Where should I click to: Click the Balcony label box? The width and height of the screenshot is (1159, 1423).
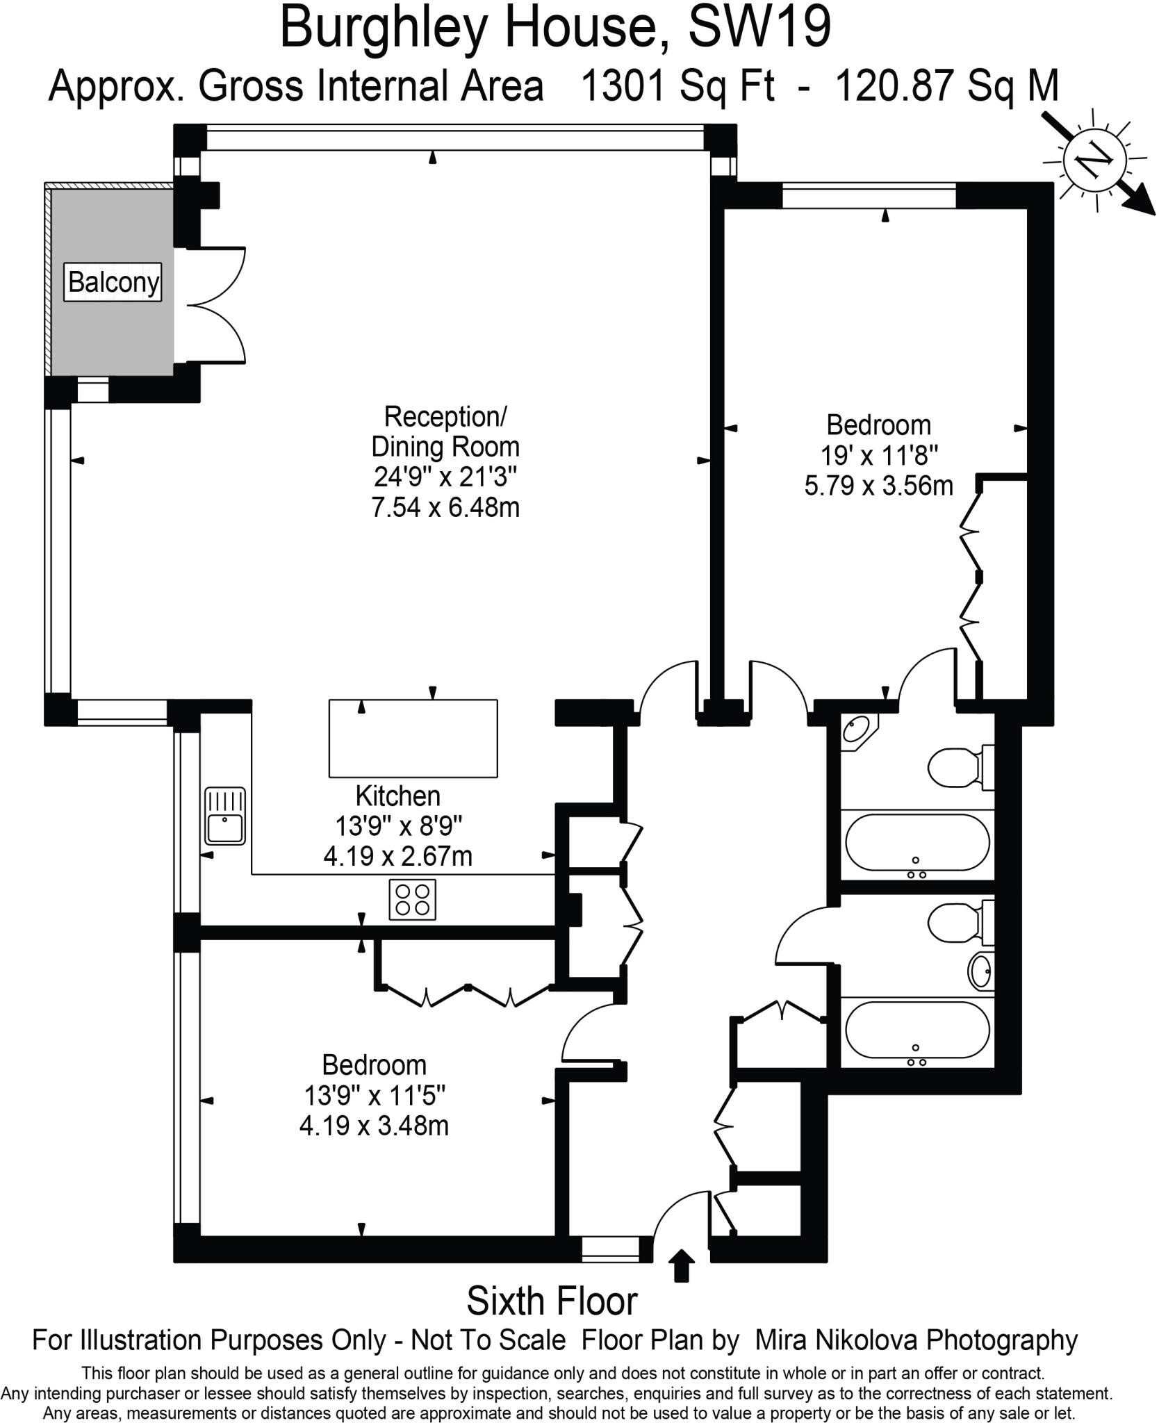[x=113, y=282]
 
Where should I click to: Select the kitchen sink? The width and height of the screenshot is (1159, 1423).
[x=225, y=816]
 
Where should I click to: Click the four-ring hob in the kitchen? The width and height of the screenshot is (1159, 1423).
[x=413, y=899]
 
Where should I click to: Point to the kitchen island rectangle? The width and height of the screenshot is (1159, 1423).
[x=413, y=738]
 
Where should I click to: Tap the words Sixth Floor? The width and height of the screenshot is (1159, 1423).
[x=552, y=1302]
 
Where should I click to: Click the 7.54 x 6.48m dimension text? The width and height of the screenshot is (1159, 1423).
[x=445, y=508]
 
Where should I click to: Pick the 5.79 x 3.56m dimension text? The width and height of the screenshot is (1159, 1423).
[x=878, y=485]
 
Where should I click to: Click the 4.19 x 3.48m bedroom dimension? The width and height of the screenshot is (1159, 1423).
[x=374, y=1125]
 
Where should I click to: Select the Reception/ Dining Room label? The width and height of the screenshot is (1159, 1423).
[x=445, y=431]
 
